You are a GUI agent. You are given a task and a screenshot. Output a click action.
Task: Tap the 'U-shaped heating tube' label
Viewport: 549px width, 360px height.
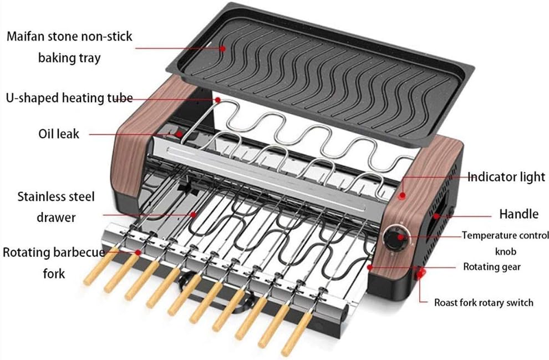[x=69, y=98]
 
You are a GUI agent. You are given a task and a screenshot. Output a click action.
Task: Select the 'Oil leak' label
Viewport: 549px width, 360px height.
[x=59, y=134]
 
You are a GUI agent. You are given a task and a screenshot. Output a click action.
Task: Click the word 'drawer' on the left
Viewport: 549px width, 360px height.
[x=56, y=217]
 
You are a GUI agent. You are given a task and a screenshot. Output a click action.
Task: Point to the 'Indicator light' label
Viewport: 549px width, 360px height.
[x=506, y=178]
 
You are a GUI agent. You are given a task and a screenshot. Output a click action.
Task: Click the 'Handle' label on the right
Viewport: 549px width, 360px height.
[x=518, y=214]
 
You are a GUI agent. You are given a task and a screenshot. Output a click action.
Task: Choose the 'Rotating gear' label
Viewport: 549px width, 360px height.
[x=492, y=267]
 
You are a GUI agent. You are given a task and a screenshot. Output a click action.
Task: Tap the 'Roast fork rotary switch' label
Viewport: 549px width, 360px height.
[x=483, y=303]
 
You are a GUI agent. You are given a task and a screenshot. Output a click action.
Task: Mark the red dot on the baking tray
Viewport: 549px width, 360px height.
[x=222, y=48]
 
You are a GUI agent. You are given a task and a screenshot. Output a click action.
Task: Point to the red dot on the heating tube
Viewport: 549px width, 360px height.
[x=217, y=100]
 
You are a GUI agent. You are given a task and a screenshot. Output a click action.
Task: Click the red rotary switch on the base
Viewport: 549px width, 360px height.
[x=423, y=272]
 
